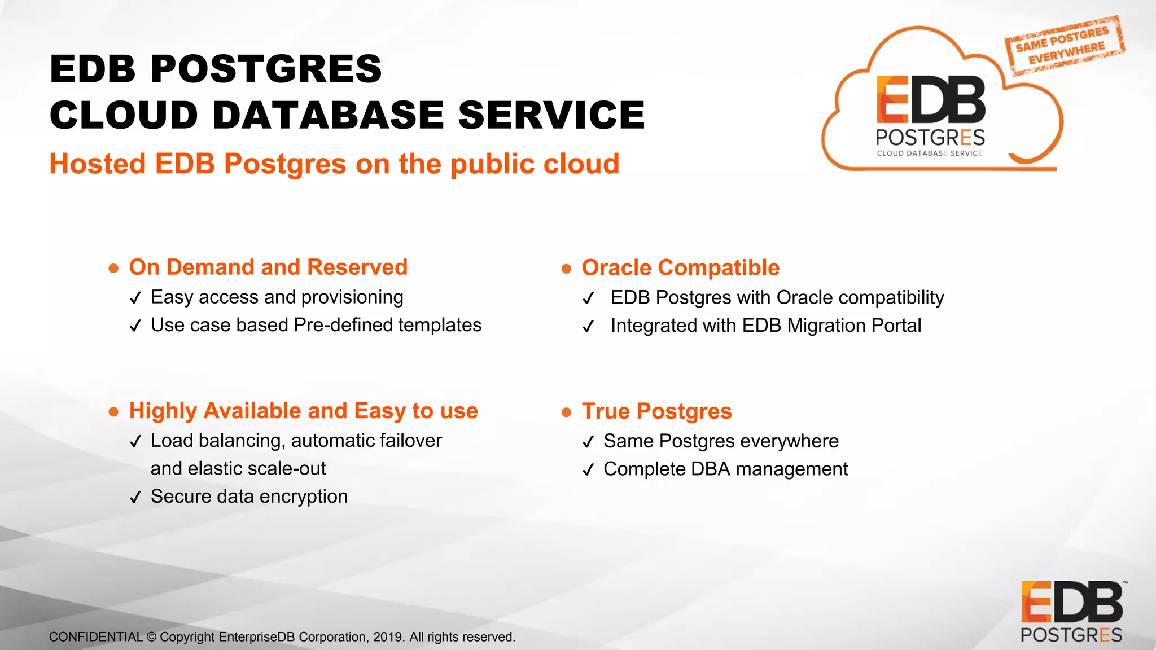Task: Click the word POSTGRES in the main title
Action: pos(266,69)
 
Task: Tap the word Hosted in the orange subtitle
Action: pos(98,164)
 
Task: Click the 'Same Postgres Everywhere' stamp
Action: pos(1064,45)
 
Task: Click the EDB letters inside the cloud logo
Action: pos(931,100)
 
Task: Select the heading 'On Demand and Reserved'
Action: pos(268,267)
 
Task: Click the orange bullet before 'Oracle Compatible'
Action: pos(566,269)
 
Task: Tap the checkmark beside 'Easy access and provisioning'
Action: pos(135,298)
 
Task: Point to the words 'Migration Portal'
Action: pos(853,326)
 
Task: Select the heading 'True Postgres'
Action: pos(656,411)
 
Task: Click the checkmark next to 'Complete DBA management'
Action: pos(588,470)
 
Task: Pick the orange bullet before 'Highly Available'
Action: pos(113,412)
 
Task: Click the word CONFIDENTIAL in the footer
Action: pos(96,637)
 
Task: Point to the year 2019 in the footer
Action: pos(388,637)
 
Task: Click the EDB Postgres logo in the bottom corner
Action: pos(1071,612)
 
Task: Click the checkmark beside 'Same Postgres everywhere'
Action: pos(588,442)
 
